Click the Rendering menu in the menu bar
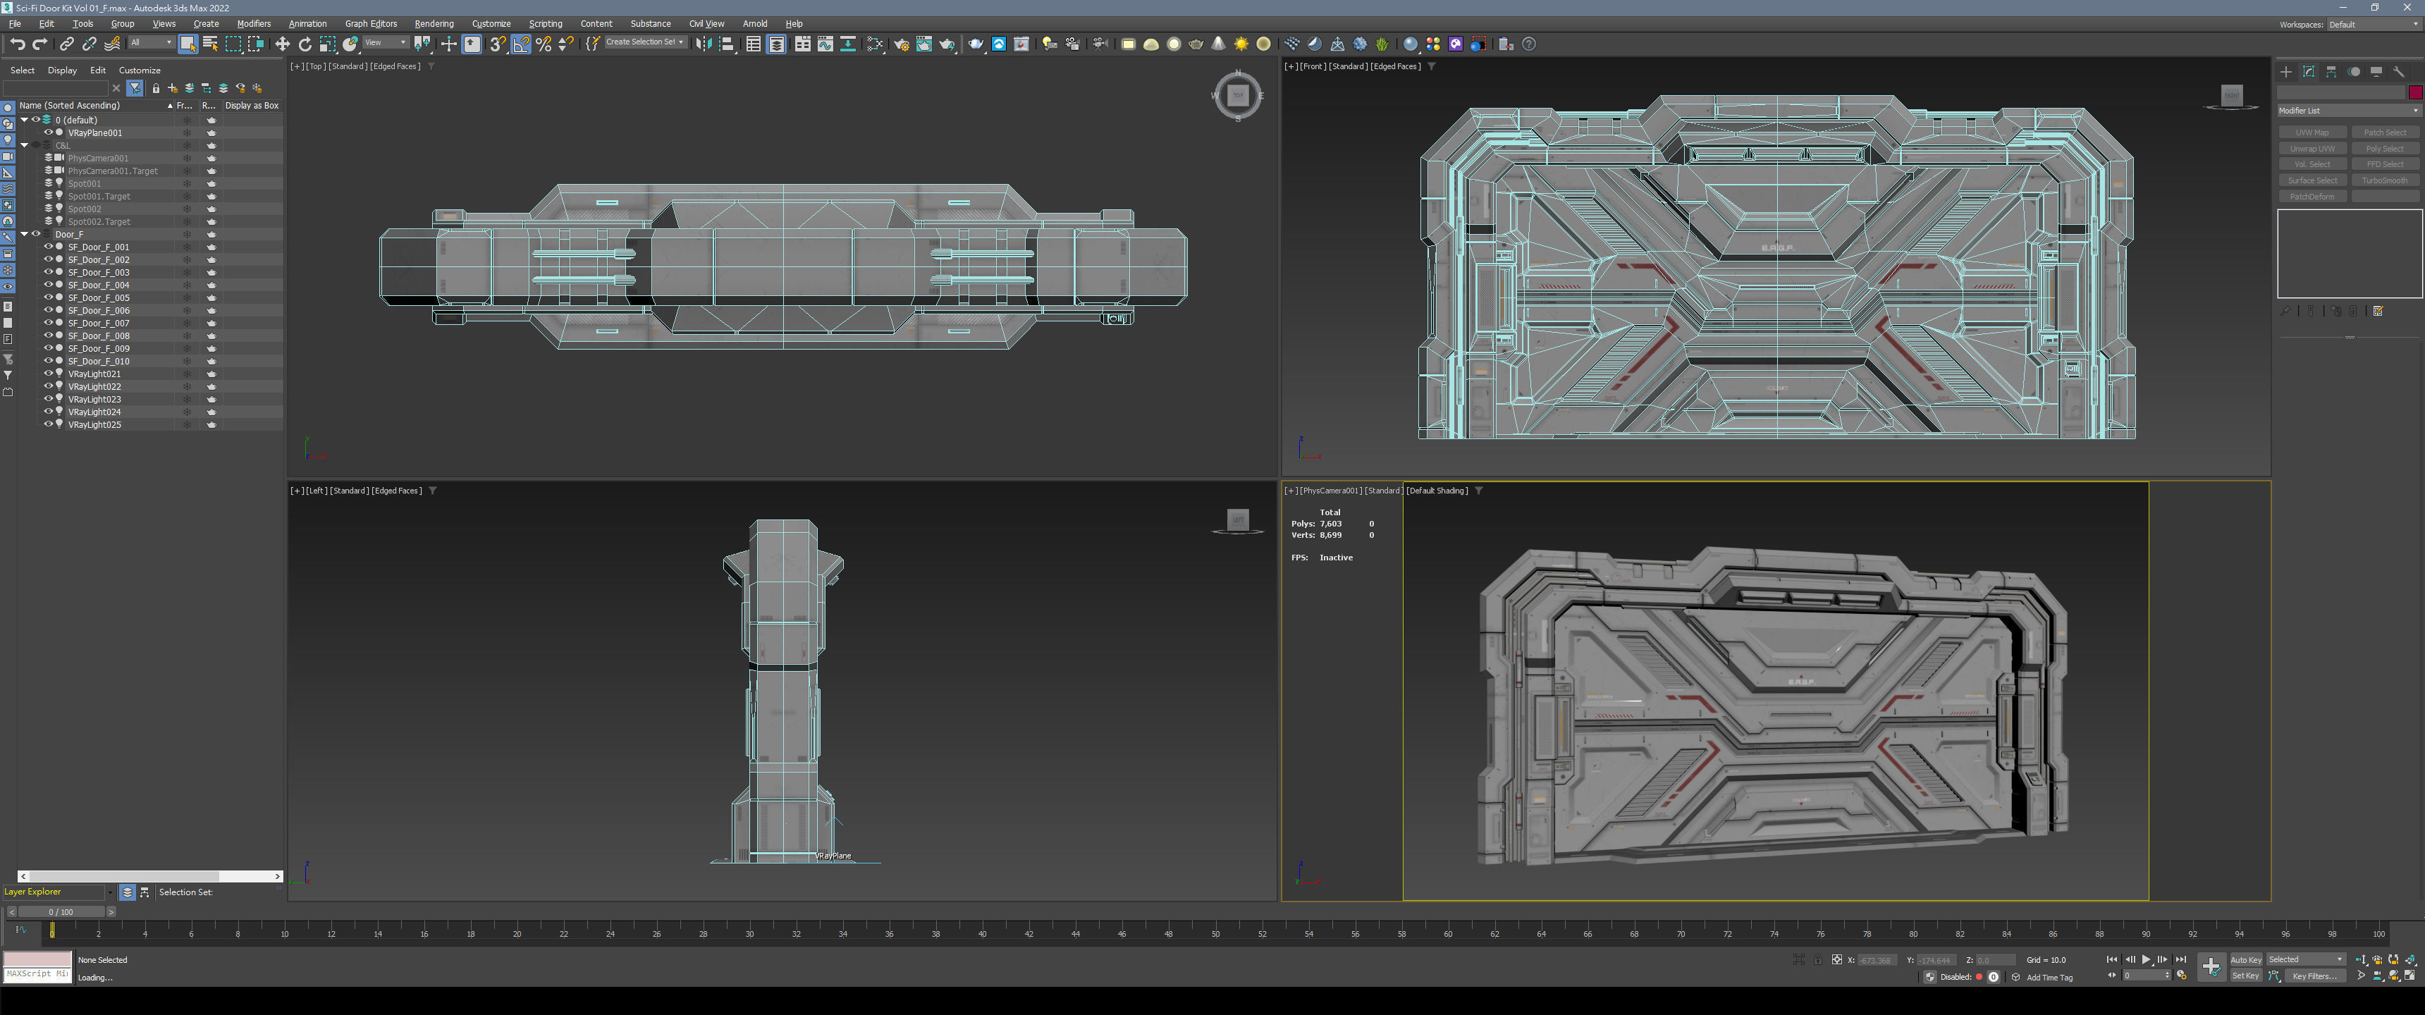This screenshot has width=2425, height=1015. pos(434,23)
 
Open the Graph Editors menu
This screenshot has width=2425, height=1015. pos(371,23)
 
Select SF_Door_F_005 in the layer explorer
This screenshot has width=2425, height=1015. pos(99,297)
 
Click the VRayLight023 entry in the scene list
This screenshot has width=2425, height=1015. pos(94,399)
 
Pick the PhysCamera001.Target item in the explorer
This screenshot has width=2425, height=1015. pos(112,171)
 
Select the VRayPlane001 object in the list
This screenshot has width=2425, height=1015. pos(95,133)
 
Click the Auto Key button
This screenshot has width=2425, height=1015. pos(2245,959)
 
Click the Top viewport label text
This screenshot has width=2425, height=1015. pos(315,67)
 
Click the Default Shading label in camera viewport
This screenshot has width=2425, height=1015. pos(1437,491)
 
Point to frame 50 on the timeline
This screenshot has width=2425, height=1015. pos(1215,933)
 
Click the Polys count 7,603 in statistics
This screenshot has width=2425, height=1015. pos(1330,524)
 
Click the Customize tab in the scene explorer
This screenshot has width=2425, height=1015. pos(140,70)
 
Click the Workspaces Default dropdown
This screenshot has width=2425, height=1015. pos(2371,25)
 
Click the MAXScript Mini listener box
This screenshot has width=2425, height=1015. pos(37,973)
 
